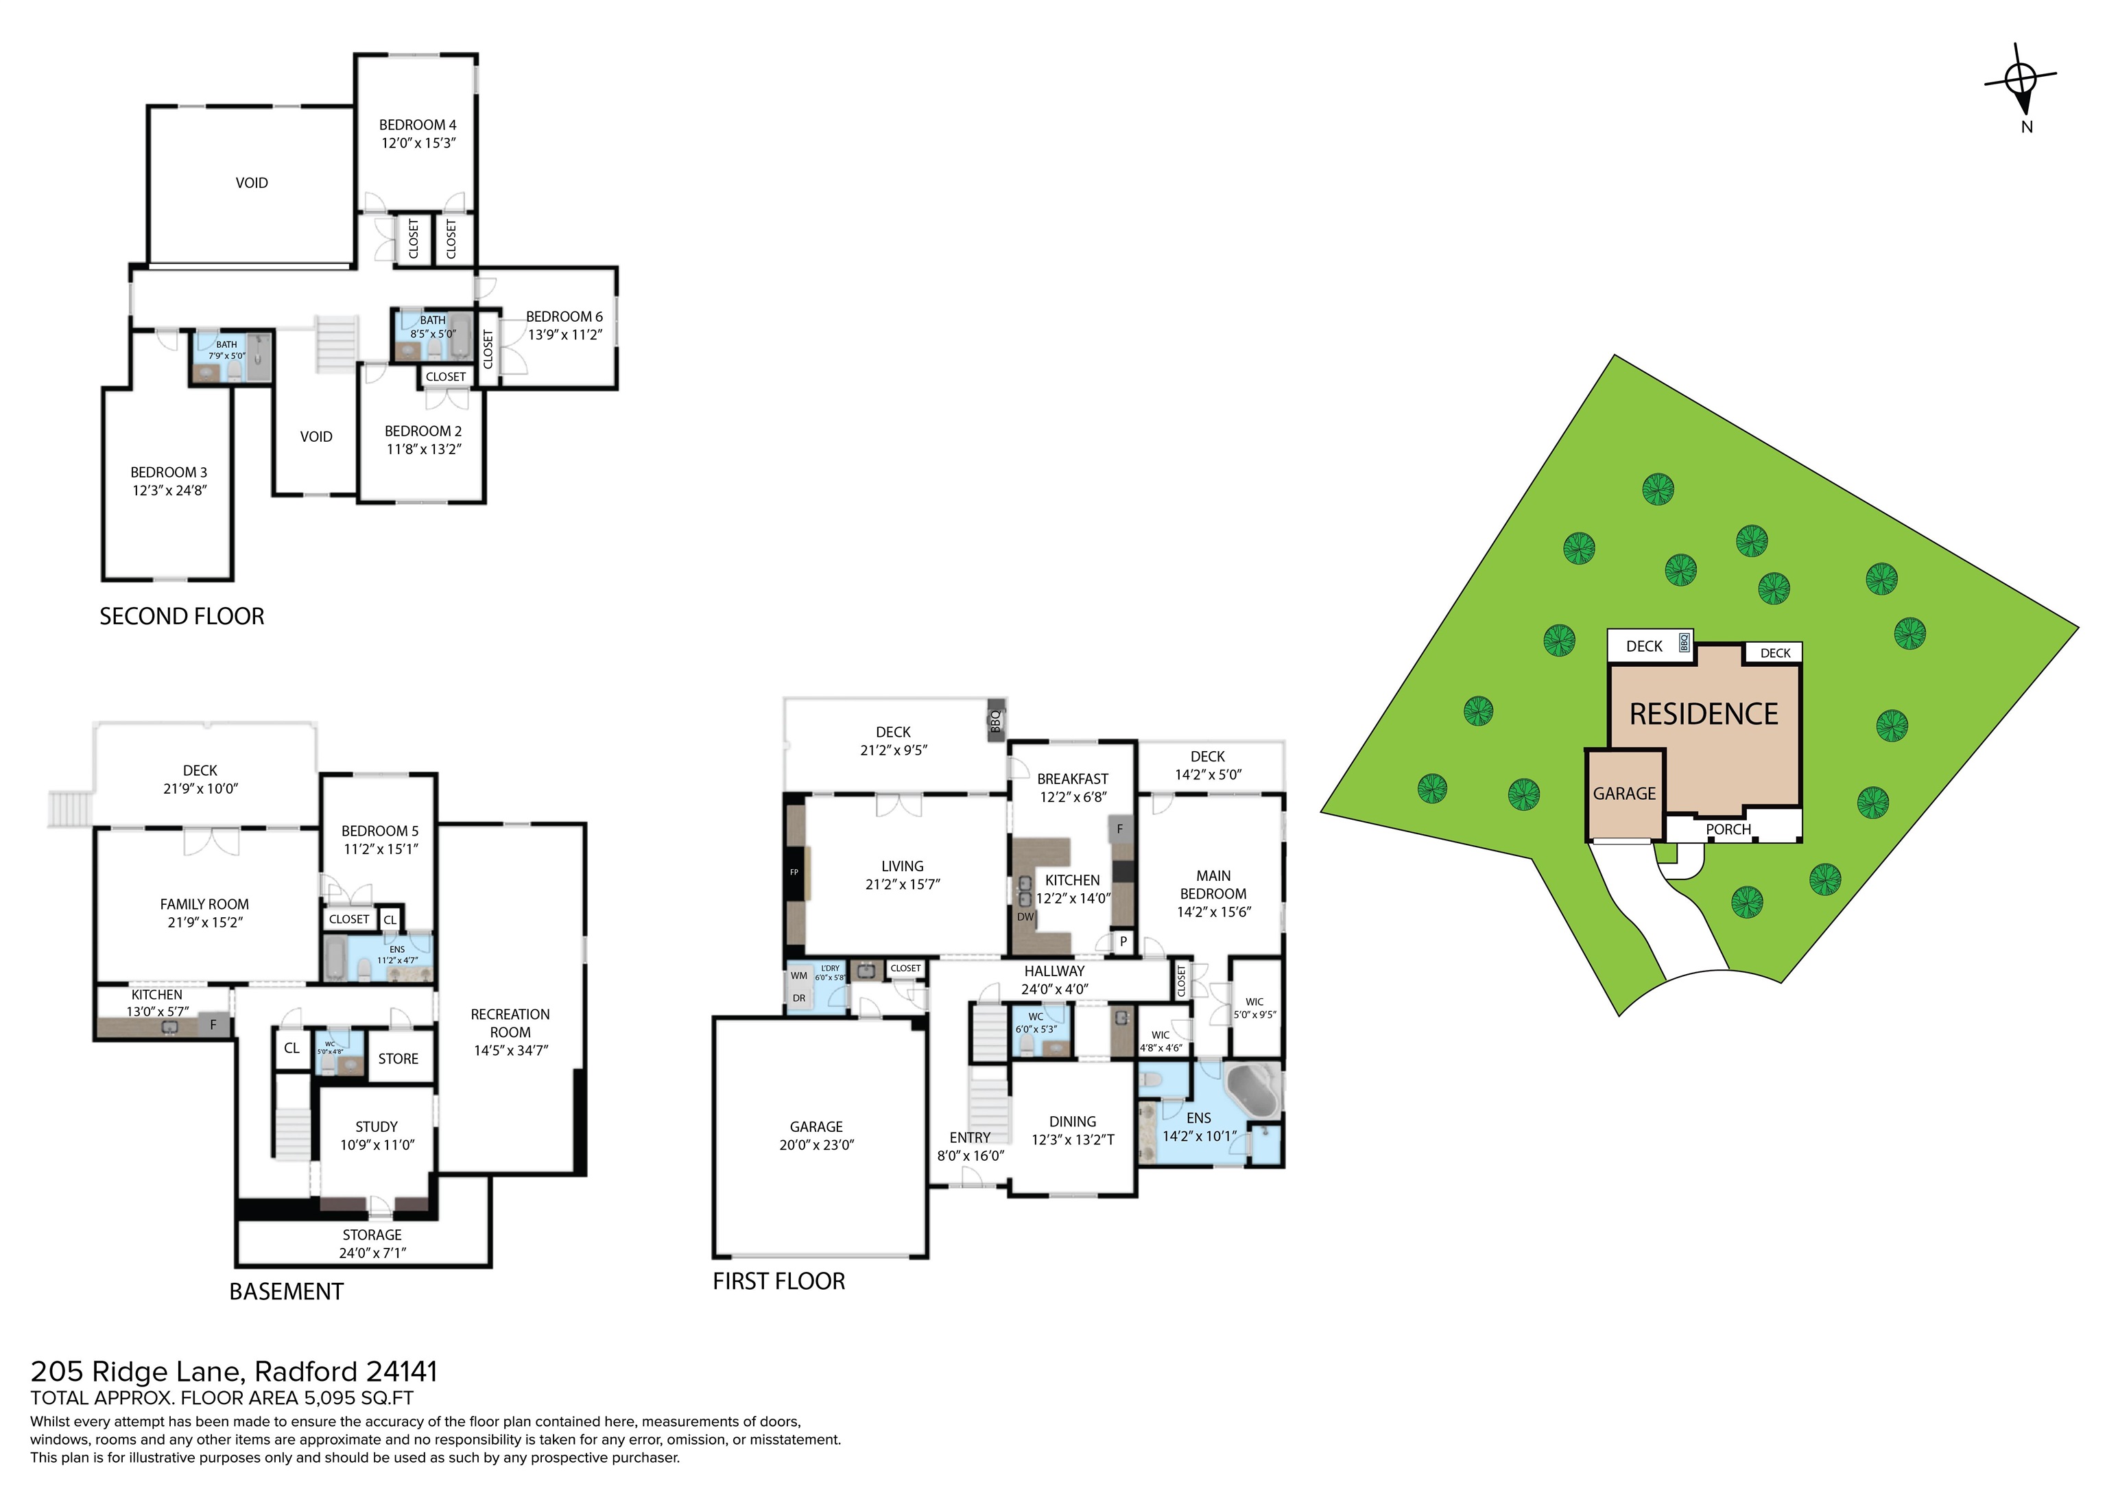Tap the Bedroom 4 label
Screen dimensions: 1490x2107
(418, 125)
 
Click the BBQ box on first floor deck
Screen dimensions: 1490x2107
(995, 722)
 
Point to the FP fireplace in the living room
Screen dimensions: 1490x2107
(794, 871)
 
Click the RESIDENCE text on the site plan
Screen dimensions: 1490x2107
(1703, 714)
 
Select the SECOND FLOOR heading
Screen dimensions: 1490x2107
(182, 616)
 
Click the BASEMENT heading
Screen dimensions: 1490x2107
(286, 1292)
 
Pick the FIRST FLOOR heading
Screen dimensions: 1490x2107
(778, 1281)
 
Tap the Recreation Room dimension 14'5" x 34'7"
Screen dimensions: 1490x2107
(510, 1050)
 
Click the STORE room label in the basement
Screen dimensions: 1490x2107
(398, 1059)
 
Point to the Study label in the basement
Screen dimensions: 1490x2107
(377, 1126)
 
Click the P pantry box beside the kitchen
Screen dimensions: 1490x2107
(1122, 942)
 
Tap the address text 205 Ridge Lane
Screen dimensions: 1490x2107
(138, 1371)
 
